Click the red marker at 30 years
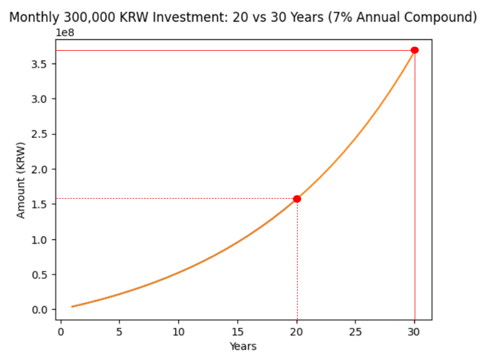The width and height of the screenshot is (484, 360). pos(415,50)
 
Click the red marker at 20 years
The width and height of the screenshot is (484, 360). pos(297,199)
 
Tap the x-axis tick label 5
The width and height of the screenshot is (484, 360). pos(119,332)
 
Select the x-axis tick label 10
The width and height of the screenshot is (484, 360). pos(178,332)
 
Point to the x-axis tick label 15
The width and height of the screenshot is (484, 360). pos(238,332)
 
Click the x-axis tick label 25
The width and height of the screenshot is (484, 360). pos(355,332)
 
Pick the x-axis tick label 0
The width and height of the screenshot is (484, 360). pos(61,332)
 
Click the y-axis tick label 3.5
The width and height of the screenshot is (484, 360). pos(39,64)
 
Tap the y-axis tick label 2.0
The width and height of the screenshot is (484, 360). pos(39,169)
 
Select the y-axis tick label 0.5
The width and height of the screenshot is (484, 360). pos(39,275)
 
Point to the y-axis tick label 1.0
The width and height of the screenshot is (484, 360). pos(39,239)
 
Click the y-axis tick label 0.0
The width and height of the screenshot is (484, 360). pos(39,310)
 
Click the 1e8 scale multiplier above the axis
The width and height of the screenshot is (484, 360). pos(65,33)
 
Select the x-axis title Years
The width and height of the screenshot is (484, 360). pos(243,347)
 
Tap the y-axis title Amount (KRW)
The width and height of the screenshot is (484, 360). pos(21,181)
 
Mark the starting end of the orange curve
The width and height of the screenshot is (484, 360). pos(72,306)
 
